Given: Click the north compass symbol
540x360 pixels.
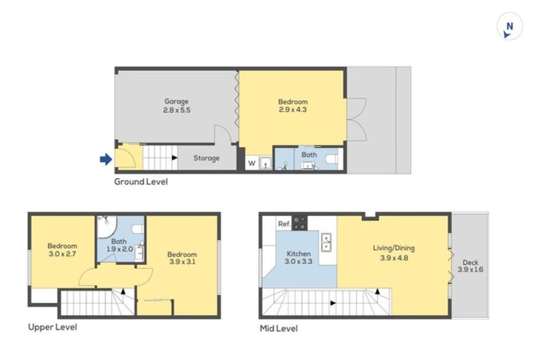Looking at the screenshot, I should click(510, 27).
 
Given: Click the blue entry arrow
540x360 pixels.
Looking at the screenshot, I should click(105, 160).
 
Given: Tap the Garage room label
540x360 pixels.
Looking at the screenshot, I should click(176, 101).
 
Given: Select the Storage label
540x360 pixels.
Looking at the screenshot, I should click(206, 158).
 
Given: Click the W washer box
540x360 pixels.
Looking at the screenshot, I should click(251, 163).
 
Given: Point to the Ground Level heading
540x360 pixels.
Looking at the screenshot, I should click(141, 181).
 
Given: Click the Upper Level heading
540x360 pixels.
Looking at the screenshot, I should click(52, 327).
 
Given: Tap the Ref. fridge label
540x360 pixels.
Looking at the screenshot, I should click(284, 224).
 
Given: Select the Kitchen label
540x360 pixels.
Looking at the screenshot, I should click(299, 253).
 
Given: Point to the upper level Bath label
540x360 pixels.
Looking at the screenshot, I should click(119, 241).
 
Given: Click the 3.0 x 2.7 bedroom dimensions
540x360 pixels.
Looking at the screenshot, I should click(62, 255).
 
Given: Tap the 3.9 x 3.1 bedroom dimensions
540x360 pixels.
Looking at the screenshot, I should click(182, 262).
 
